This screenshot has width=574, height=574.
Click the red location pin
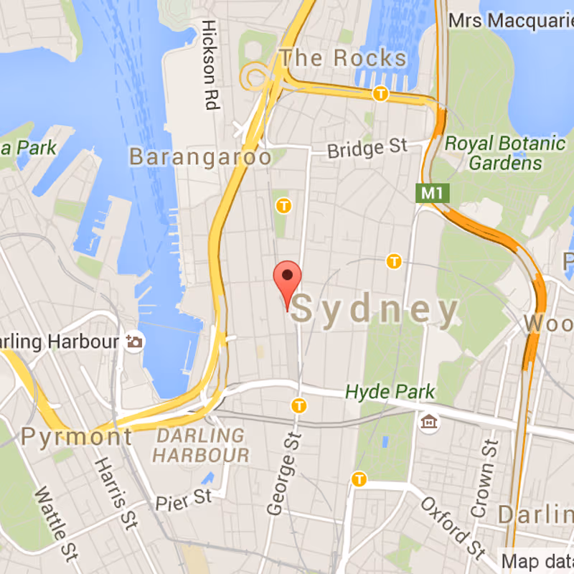tap(288, 276)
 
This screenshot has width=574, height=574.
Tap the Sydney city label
tap(375, 310)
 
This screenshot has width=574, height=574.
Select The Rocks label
tap(343, 57)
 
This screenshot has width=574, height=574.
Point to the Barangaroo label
tap(200, 156)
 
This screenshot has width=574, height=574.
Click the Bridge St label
tap(367, 149)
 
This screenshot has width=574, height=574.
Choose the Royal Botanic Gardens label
tap(505, 153)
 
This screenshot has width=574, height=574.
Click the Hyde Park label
tap(390, 392)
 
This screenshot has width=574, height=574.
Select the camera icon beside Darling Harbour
tap(134, 342)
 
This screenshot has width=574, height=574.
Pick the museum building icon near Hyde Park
tap(430, 423)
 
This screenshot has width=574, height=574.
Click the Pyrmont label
tap(77, 436)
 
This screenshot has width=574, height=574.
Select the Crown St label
tap(483, 479)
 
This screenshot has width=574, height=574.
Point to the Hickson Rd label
tap(210, 65)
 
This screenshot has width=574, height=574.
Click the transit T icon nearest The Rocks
tap(380, 93)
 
